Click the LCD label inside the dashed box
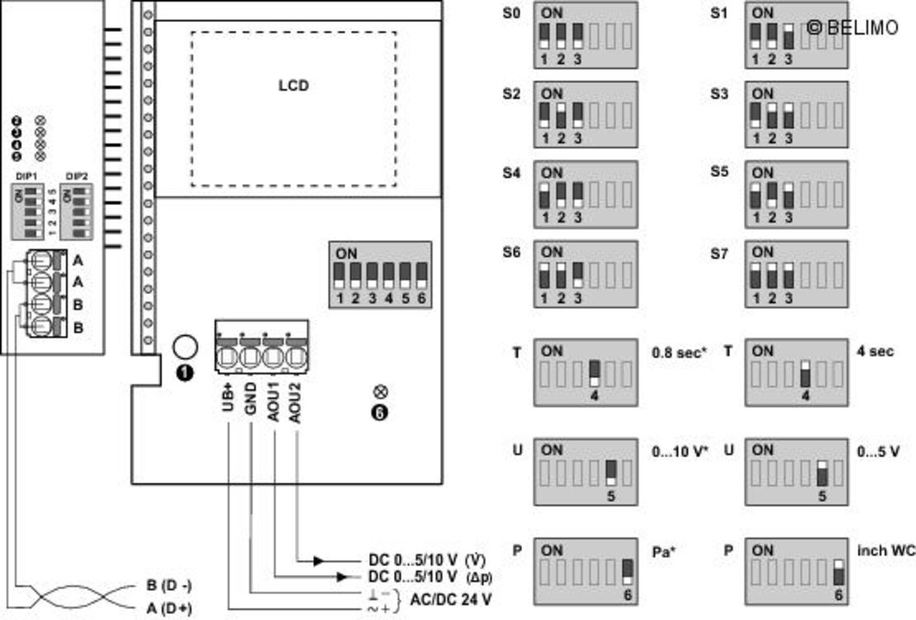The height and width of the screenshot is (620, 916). pos(293,86)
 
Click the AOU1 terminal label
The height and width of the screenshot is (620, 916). pos(272,404)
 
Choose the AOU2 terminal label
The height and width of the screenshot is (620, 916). pos(295,404)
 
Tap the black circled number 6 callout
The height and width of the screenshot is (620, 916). pos(380,412)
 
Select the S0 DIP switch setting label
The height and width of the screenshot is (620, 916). pos(511,15)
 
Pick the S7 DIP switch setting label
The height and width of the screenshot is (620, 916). pos(720,253)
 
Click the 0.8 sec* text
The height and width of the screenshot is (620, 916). pos(679,352)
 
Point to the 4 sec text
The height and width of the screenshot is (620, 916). pos(876,352)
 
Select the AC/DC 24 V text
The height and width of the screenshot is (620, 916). pos(451,600)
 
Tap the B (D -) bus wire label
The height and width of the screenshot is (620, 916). pos(169,585)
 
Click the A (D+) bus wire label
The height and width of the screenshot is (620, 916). pos(169,607)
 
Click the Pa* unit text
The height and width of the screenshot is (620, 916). pos(663,552)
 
